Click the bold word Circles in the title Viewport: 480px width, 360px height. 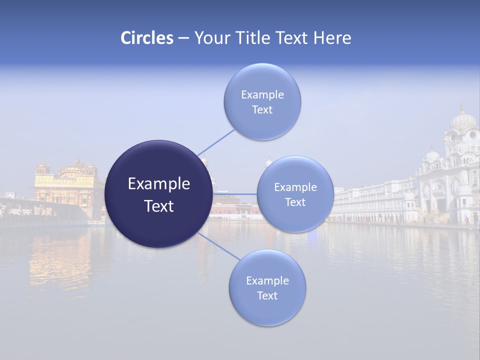pyautogui.click(x=147, y=38)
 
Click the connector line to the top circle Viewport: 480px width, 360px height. pyautogui.click(x=216, y=142)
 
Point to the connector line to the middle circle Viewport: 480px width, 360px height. pyautogui.click(x=235, y=194)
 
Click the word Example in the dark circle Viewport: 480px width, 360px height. pyautogui.click(x=159, y=184)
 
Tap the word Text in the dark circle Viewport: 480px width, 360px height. pyautogui.click(x=159, y=206)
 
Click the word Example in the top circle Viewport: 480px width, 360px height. pyautogui.click(x=262, y=94)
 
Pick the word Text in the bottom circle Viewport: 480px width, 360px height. pyautogui.click(x=267, y=296)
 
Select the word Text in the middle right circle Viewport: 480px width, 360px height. pyautogui.click(x=295, y=202)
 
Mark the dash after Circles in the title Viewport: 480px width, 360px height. pyautogui.click(x=183, y=38)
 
